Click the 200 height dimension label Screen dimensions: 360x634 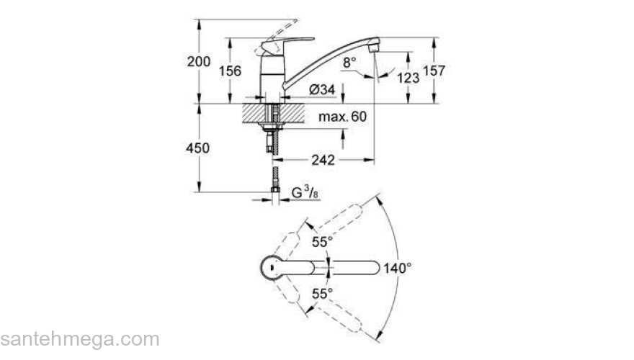coord(199,63)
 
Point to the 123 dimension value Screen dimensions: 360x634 coord(408,76)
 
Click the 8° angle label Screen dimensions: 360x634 coord(349,63)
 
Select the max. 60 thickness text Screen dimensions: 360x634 coord(343,116)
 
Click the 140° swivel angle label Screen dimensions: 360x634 coord(398,267)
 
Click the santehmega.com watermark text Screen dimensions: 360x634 coord(79,339)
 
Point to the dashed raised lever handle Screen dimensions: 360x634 coord(285,29)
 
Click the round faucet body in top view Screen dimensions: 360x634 coord(269,267)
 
